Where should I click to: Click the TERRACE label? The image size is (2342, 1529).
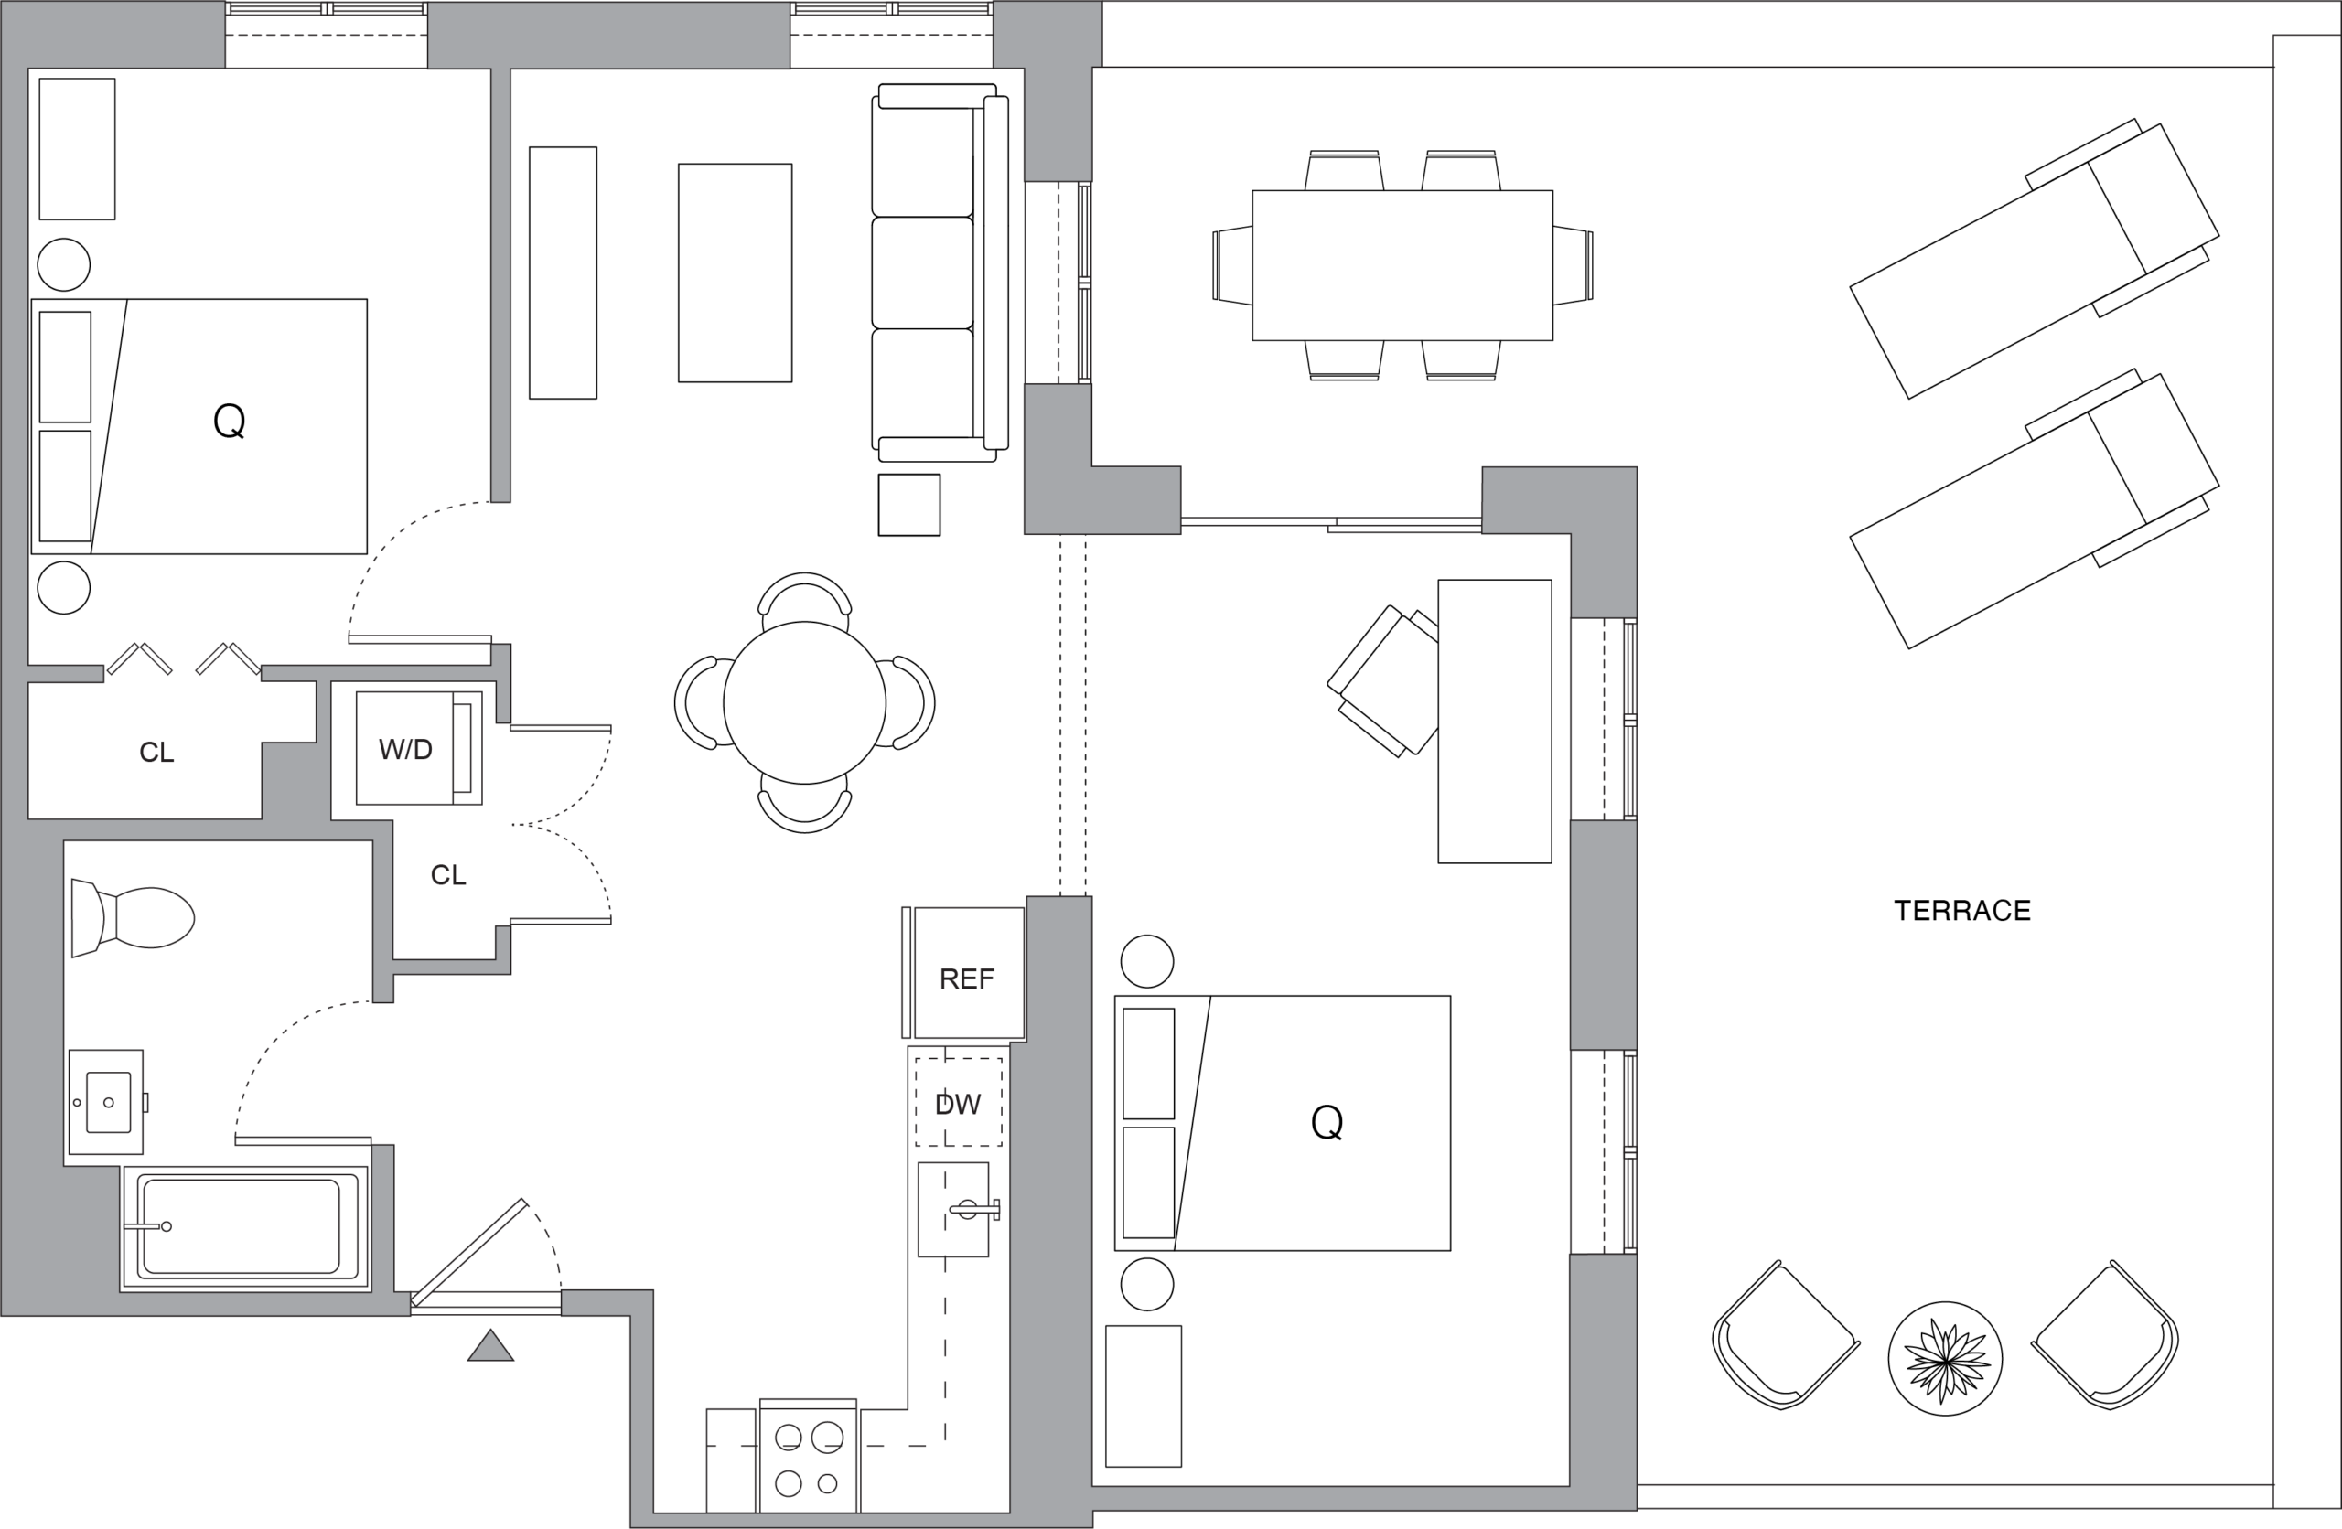1962,911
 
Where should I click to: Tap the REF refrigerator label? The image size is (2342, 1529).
966,979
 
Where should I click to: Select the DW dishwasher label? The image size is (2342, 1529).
958,1105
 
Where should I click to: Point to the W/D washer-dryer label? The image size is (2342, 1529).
405,750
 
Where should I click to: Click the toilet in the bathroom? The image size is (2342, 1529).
133,918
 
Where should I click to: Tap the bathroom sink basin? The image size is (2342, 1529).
108,1102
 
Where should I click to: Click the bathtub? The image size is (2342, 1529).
245,1227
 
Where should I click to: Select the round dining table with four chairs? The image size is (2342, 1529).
805,702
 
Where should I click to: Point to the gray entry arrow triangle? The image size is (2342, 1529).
490,1347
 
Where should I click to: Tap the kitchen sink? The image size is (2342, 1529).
953,1209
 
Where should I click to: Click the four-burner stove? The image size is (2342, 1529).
808,1455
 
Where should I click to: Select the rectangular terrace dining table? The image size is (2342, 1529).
1402,266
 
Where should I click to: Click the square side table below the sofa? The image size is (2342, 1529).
909,505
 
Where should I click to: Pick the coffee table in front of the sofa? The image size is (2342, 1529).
735,273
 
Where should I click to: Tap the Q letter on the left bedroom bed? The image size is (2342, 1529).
230,421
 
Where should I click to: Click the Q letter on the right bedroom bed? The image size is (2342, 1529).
1327,1122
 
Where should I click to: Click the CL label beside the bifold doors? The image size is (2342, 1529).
156,753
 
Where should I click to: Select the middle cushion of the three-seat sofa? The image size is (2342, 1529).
923,273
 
